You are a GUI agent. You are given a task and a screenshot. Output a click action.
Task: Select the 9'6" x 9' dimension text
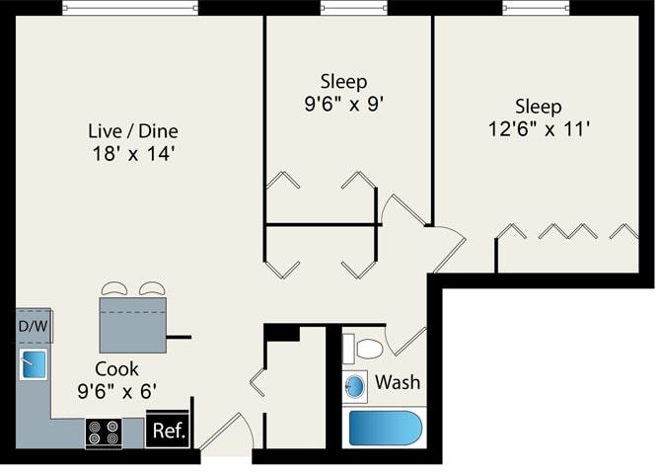coord(344,101)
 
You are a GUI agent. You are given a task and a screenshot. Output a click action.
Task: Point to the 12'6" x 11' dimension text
coord(539,128)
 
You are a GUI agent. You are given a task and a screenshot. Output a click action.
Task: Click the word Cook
coord(115,367)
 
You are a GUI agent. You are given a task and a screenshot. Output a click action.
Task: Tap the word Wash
coord(397,381)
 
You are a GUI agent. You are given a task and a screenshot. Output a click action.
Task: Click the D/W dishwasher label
coord(35,326)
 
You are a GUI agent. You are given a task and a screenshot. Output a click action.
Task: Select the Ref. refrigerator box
coord(167,431)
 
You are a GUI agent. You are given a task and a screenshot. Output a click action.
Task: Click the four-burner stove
coord(104,433)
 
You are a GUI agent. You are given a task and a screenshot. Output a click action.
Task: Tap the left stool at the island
coord(113,288)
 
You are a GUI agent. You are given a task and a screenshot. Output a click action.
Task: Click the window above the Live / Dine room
coord(130,8)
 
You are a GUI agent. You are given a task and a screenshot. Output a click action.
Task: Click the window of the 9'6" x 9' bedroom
coord(354,8)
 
